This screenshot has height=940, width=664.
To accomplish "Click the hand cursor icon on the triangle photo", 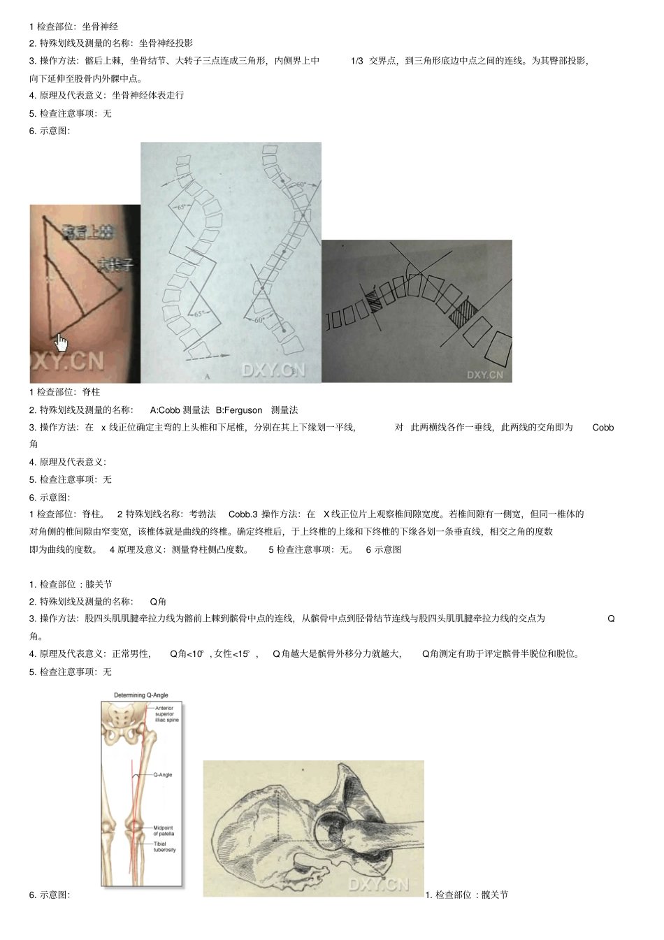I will (62, 342).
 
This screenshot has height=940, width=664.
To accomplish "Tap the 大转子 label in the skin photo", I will (115, 265).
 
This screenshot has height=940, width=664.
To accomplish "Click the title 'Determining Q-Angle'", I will (141, 695).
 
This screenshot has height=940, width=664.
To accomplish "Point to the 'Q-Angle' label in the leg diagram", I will (162, 775).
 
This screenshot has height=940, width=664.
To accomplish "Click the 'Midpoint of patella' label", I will (164, 831).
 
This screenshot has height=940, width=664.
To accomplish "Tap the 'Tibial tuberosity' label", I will (164, 846).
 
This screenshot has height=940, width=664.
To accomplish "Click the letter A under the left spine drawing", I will (207, 377).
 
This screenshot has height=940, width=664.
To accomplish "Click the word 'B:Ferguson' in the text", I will (239, 410).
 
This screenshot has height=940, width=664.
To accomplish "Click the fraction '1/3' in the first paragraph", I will (356, 61).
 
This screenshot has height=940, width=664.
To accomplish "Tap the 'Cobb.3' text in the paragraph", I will (243, 514).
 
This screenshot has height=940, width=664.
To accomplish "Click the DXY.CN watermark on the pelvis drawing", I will (378, 884).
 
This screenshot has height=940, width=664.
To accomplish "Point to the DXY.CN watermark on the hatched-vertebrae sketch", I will (484, 375).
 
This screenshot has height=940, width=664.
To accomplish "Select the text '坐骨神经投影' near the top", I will (166, 43).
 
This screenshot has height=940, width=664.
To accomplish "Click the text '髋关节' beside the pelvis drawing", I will (495, 895).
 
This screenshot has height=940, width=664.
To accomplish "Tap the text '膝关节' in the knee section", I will (99, 584).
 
